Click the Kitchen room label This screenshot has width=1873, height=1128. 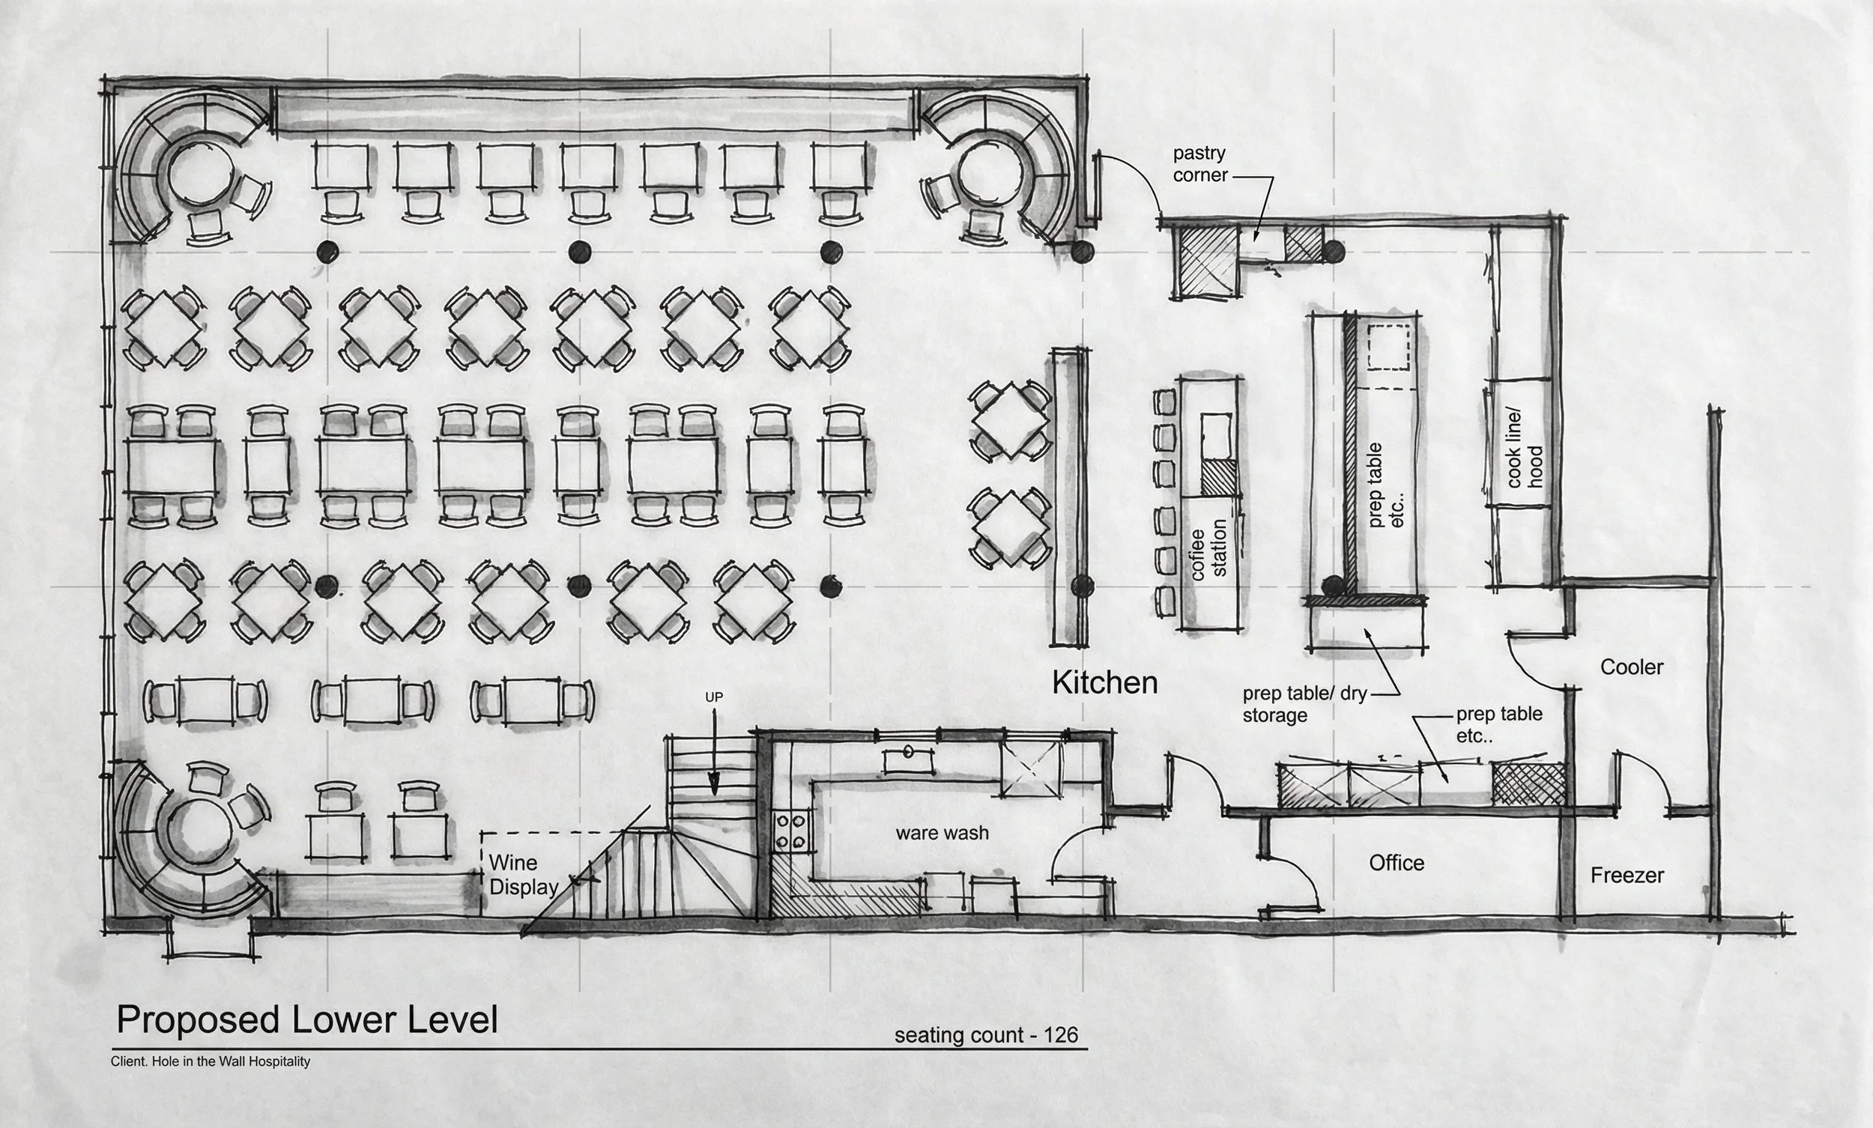[1104, 682]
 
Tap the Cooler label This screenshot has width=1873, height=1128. [1631, 667]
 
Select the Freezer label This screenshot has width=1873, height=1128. [1627, 876]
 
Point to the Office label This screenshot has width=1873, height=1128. [1397, 863]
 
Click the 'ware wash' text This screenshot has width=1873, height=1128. [942, 833]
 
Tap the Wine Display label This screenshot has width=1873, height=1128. [524, 875]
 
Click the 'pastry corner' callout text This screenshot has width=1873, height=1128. [1200, 164]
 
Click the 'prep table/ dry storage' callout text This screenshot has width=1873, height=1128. [1305, 705]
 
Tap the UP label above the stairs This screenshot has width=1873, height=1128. [714, 697]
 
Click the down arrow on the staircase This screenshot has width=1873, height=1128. [714, 756]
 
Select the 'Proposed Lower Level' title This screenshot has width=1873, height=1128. [307, 1020]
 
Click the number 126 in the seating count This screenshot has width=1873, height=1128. [1060, 1035]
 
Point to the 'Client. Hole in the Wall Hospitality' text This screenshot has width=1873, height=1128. [211, 1061]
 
